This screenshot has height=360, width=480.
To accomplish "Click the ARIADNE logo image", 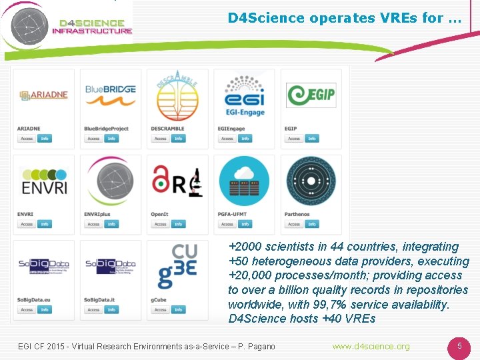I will pos(43,95).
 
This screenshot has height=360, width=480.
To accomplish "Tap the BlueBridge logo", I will pos(111,95).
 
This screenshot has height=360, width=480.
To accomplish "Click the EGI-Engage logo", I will pos(244,95).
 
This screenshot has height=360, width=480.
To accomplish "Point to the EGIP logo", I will pos(311,95).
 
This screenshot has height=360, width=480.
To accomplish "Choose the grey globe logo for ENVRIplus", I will pos(111,181).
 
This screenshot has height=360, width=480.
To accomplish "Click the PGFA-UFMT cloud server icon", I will pos(244,181).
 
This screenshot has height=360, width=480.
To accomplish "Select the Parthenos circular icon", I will pos(311,181).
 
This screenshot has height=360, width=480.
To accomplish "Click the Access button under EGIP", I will pos(294,139).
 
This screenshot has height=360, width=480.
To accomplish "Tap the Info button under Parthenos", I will pos(312,224).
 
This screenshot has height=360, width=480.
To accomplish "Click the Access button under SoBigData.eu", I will pos(27,310).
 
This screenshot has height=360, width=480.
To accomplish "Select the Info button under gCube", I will pos(179,310).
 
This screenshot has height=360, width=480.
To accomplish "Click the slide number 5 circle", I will pos(459,347).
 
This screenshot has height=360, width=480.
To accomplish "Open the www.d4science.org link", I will pos(371,347).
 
